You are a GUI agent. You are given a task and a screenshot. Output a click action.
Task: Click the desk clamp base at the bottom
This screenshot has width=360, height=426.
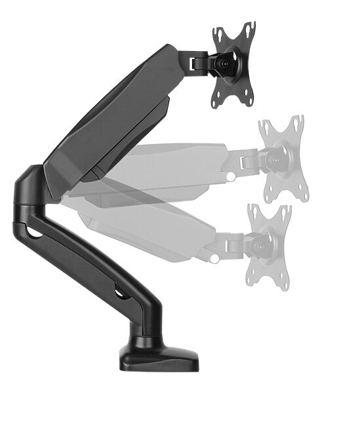159,357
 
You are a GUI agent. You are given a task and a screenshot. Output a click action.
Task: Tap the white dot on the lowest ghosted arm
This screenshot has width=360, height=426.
214,259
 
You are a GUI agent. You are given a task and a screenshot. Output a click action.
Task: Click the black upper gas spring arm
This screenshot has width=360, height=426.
111,118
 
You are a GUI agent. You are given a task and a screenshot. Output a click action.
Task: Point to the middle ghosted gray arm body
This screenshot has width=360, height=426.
170,164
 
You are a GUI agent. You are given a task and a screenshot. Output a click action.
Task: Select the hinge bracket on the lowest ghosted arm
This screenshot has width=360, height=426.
235,244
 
